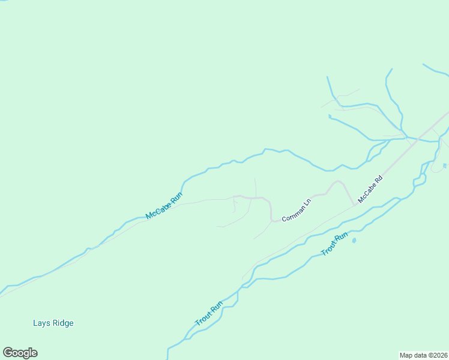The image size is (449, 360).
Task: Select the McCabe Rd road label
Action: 370,188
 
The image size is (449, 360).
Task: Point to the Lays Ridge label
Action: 53,323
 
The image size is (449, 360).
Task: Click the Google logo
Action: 20,353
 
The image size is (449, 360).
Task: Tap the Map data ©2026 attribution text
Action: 423,355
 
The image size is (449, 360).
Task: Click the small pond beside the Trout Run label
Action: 354,241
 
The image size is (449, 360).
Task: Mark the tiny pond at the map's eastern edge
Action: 444,166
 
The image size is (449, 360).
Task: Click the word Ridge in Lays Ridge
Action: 63,323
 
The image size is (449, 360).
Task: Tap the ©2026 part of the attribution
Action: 436,355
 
